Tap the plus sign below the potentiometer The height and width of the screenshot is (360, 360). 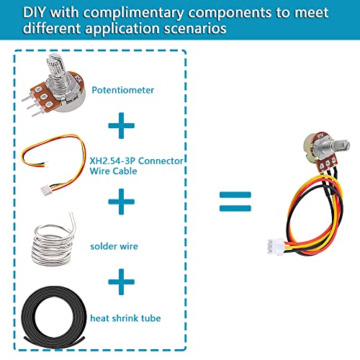pos(121,127)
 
